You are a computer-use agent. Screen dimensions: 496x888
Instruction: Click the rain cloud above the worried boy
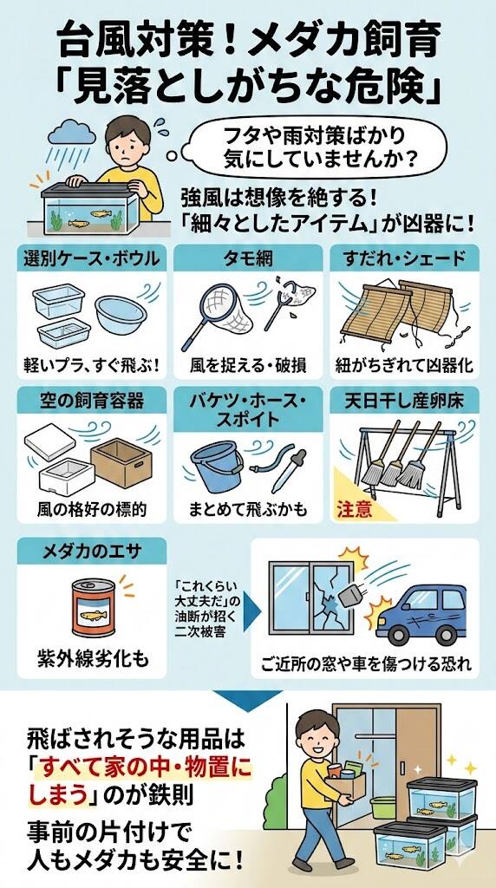(71, 133)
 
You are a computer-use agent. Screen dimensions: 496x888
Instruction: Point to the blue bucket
(216, 465)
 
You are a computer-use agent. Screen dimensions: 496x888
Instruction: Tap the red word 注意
(355, 508)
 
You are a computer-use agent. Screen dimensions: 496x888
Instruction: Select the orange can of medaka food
(94, 608)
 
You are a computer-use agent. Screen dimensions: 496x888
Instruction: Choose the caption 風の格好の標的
(92, 509)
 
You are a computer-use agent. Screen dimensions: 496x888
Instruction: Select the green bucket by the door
(383, 807)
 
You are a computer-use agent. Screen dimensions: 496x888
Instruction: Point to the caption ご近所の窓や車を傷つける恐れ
(366, 663)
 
